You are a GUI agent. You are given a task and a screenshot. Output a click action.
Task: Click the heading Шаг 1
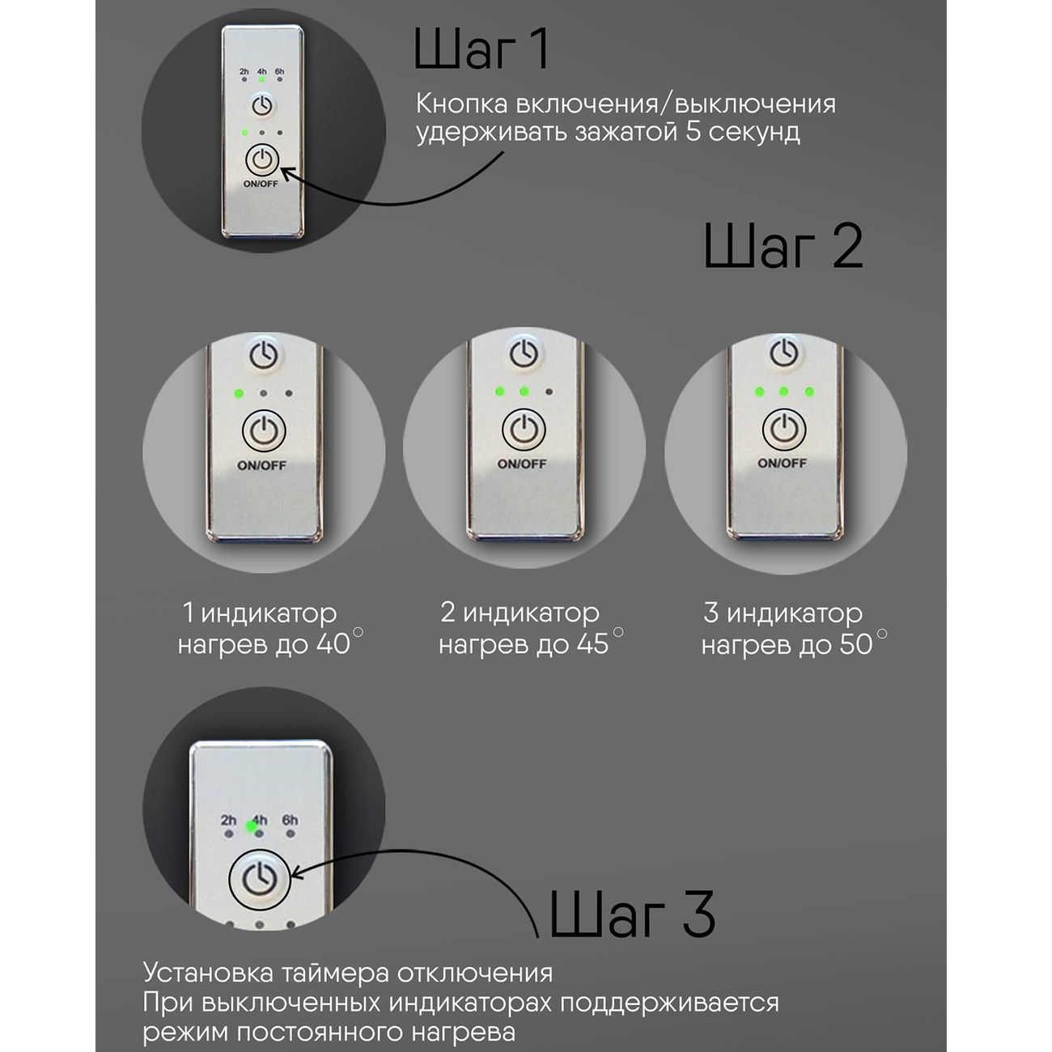coord(481,49)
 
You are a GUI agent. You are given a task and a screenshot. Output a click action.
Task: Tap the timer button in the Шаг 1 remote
coord(262,104)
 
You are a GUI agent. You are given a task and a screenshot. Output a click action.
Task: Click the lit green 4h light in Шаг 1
coord(262,79)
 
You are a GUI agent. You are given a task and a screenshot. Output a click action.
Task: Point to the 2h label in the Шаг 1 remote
coord(244,71)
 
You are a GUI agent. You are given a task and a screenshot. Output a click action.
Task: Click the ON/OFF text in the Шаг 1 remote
coord(261,184)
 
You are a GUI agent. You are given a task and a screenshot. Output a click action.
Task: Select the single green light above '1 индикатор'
coord(238,392)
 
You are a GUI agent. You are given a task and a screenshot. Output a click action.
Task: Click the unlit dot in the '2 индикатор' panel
coord(549,392)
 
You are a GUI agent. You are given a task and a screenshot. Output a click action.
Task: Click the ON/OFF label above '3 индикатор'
coord(782,463)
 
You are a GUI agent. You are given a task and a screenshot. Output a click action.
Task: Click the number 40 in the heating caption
coord(333,644)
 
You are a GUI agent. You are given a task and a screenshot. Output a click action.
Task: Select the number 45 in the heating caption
coord(593,644)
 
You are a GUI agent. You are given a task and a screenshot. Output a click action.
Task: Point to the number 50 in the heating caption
coord(856,644)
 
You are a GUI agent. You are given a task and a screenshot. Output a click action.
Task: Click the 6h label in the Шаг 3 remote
coord(291,820)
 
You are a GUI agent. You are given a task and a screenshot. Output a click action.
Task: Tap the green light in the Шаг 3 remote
coord(252,826)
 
